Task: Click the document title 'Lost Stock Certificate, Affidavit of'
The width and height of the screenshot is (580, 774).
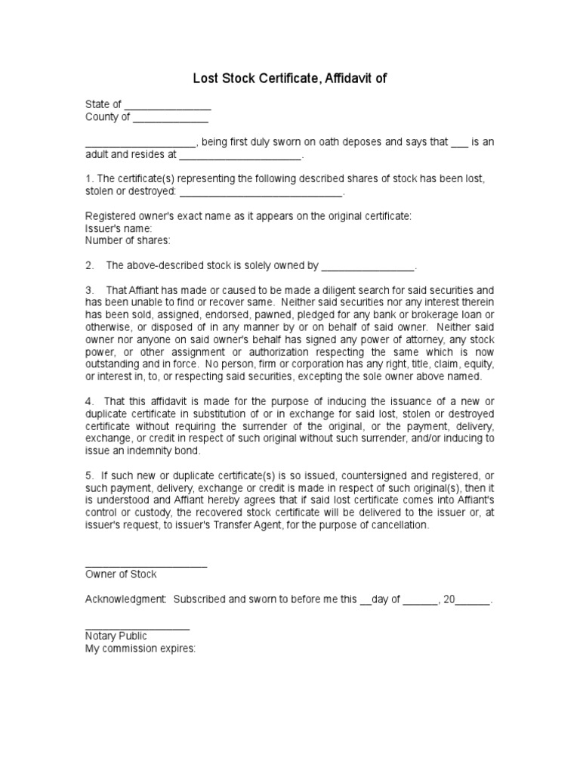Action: pos(290,78)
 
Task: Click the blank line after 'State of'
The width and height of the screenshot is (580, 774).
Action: pos(167,107)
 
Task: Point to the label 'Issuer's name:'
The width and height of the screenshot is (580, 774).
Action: pos(119,228)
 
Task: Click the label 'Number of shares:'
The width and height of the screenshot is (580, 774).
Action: pos(128,240)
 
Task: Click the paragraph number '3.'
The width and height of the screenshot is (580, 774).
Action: pos(90,290)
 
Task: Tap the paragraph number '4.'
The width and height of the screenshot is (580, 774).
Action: pos(90,401)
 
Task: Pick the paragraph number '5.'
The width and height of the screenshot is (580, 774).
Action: pos(90,475)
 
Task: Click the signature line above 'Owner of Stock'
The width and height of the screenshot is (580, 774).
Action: pos(146,566)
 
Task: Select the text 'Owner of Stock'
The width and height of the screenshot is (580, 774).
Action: pos(121,574)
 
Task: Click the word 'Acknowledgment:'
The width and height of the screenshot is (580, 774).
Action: pos(125,599)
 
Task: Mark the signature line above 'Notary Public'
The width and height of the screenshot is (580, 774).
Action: pos(137,628)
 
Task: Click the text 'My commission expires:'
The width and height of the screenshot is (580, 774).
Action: pos(140,649)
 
